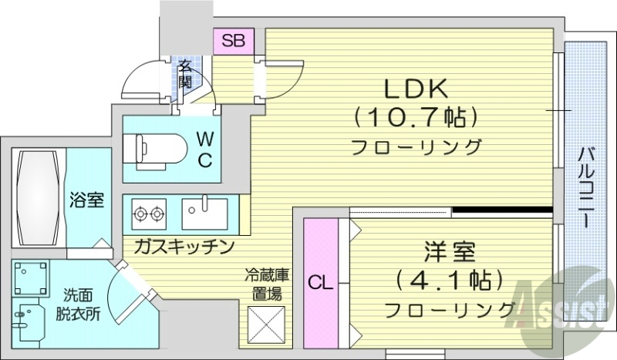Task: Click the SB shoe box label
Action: [x=231, y=41]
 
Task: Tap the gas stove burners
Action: [x=150, y=211]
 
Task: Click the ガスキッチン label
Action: [x=183, y=246]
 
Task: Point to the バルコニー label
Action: [x=586, y=185]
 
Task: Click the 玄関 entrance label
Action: [x=185, y=73]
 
